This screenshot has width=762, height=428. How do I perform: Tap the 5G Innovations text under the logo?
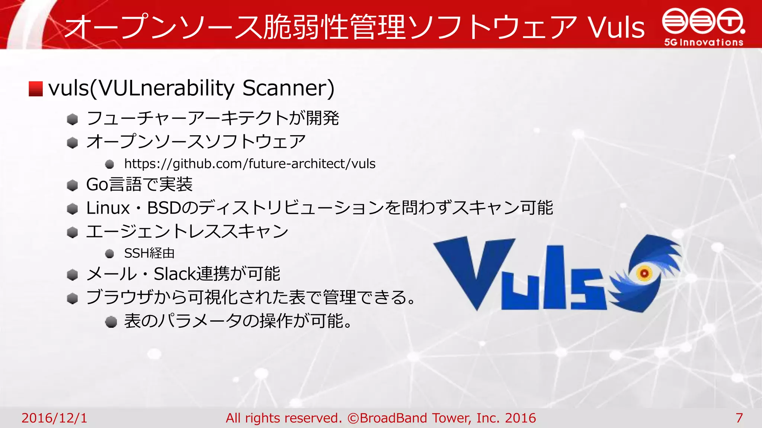click(x=704, y=42)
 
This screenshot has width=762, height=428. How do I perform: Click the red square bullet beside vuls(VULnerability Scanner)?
click(x=36, y=89)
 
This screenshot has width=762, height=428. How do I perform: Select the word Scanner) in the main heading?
click(x=288, y=88)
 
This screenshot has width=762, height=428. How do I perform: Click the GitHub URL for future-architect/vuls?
click(x=250, y=163)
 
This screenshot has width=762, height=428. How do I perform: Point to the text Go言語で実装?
click(x=139, y=184)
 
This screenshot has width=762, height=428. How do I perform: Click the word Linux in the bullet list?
click(x=108, y=208)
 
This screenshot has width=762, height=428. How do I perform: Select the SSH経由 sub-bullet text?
click(x=149, y=253)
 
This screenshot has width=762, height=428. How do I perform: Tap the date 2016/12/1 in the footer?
click(x=54, y=418)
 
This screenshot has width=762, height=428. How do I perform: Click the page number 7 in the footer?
click(x=739, y=418)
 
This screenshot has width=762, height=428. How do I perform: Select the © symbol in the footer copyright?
click(x=353, y=418)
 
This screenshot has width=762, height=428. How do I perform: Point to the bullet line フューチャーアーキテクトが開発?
click(x=212, y=119)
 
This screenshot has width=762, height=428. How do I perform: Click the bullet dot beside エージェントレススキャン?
click(x=72, y=233)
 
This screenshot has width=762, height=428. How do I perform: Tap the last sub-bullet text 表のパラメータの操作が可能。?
click(x=238, y=321)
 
